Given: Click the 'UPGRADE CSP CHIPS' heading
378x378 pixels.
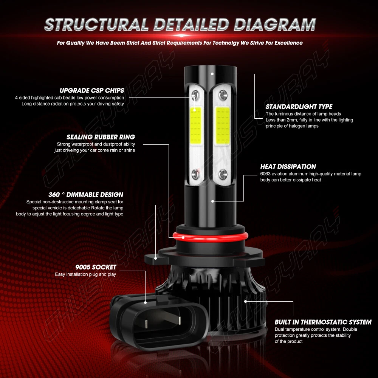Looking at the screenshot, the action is click(x=92, y=90).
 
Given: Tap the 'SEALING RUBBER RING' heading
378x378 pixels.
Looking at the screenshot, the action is click(x=101, y=137).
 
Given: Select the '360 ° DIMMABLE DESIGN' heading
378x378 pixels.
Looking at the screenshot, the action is click(x=86, y=195).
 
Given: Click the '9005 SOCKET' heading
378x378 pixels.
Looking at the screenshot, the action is click(x=96, y=267).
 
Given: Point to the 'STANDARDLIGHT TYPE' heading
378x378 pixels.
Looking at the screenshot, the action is click(x=299, y=107).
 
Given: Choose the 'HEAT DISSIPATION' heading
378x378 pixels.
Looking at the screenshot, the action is click(x=288, y=167).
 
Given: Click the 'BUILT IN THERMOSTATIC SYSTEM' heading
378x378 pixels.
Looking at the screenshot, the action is click(x=323, y=322).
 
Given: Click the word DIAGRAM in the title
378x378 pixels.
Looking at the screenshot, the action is click(x=275, y=25).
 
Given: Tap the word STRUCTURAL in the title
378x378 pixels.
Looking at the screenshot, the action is click(x=96, y=25).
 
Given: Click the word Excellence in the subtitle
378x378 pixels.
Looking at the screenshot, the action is click(x=288, y=43).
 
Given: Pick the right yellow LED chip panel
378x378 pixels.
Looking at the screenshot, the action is click(x=222, y=125).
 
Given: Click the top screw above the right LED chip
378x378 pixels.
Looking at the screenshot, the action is click(x=223, y=95).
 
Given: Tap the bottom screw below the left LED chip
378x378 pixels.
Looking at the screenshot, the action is click(x=195, y=174).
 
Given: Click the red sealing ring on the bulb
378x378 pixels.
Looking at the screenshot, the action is click(x=210, y=236).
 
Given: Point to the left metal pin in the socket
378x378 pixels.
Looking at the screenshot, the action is click(x=146, y=324).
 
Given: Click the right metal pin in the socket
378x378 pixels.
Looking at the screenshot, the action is click(x=180, y=320).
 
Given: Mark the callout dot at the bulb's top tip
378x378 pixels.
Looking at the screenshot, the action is click(x=212, y=74).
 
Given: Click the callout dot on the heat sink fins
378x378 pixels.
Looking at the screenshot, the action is click(x=245, y=301).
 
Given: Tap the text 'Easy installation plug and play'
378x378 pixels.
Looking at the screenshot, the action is click(x=85, y=274).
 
